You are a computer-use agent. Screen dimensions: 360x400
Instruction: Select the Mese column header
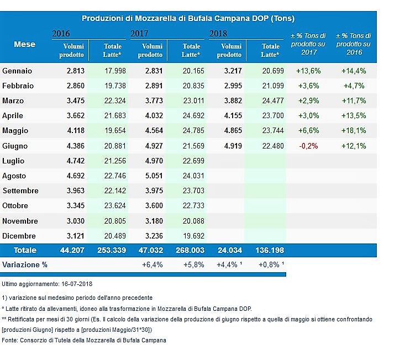click(24, 44)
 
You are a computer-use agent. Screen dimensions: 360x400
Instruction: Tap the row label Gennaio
click(18, 71)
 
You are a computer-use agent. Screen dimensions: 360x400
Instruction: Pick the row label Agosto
click(16, 176)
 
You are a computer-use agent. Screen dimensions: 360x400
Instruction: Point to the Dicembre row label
click(20, 235)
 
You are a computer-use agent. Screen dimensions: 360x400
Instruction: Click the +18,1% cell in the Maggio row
click(354, 131)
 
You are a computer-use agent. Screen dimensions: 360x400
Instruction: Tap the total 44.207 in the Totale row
click(72, 250)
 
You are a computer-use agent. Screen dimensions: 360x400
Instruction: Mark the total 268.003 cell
click(191, 250)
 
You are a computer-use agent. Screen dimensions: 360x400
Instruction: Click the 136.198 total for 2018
click(270, 250)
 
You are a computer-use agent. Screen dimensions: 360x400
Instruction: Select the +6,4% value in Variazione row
click(153, 264)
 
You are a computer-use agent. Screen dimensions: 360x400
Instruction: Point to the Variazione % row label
click(25, 264)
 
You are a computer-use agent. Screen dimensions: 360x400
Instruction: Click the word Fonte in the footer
click(10, 340)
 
